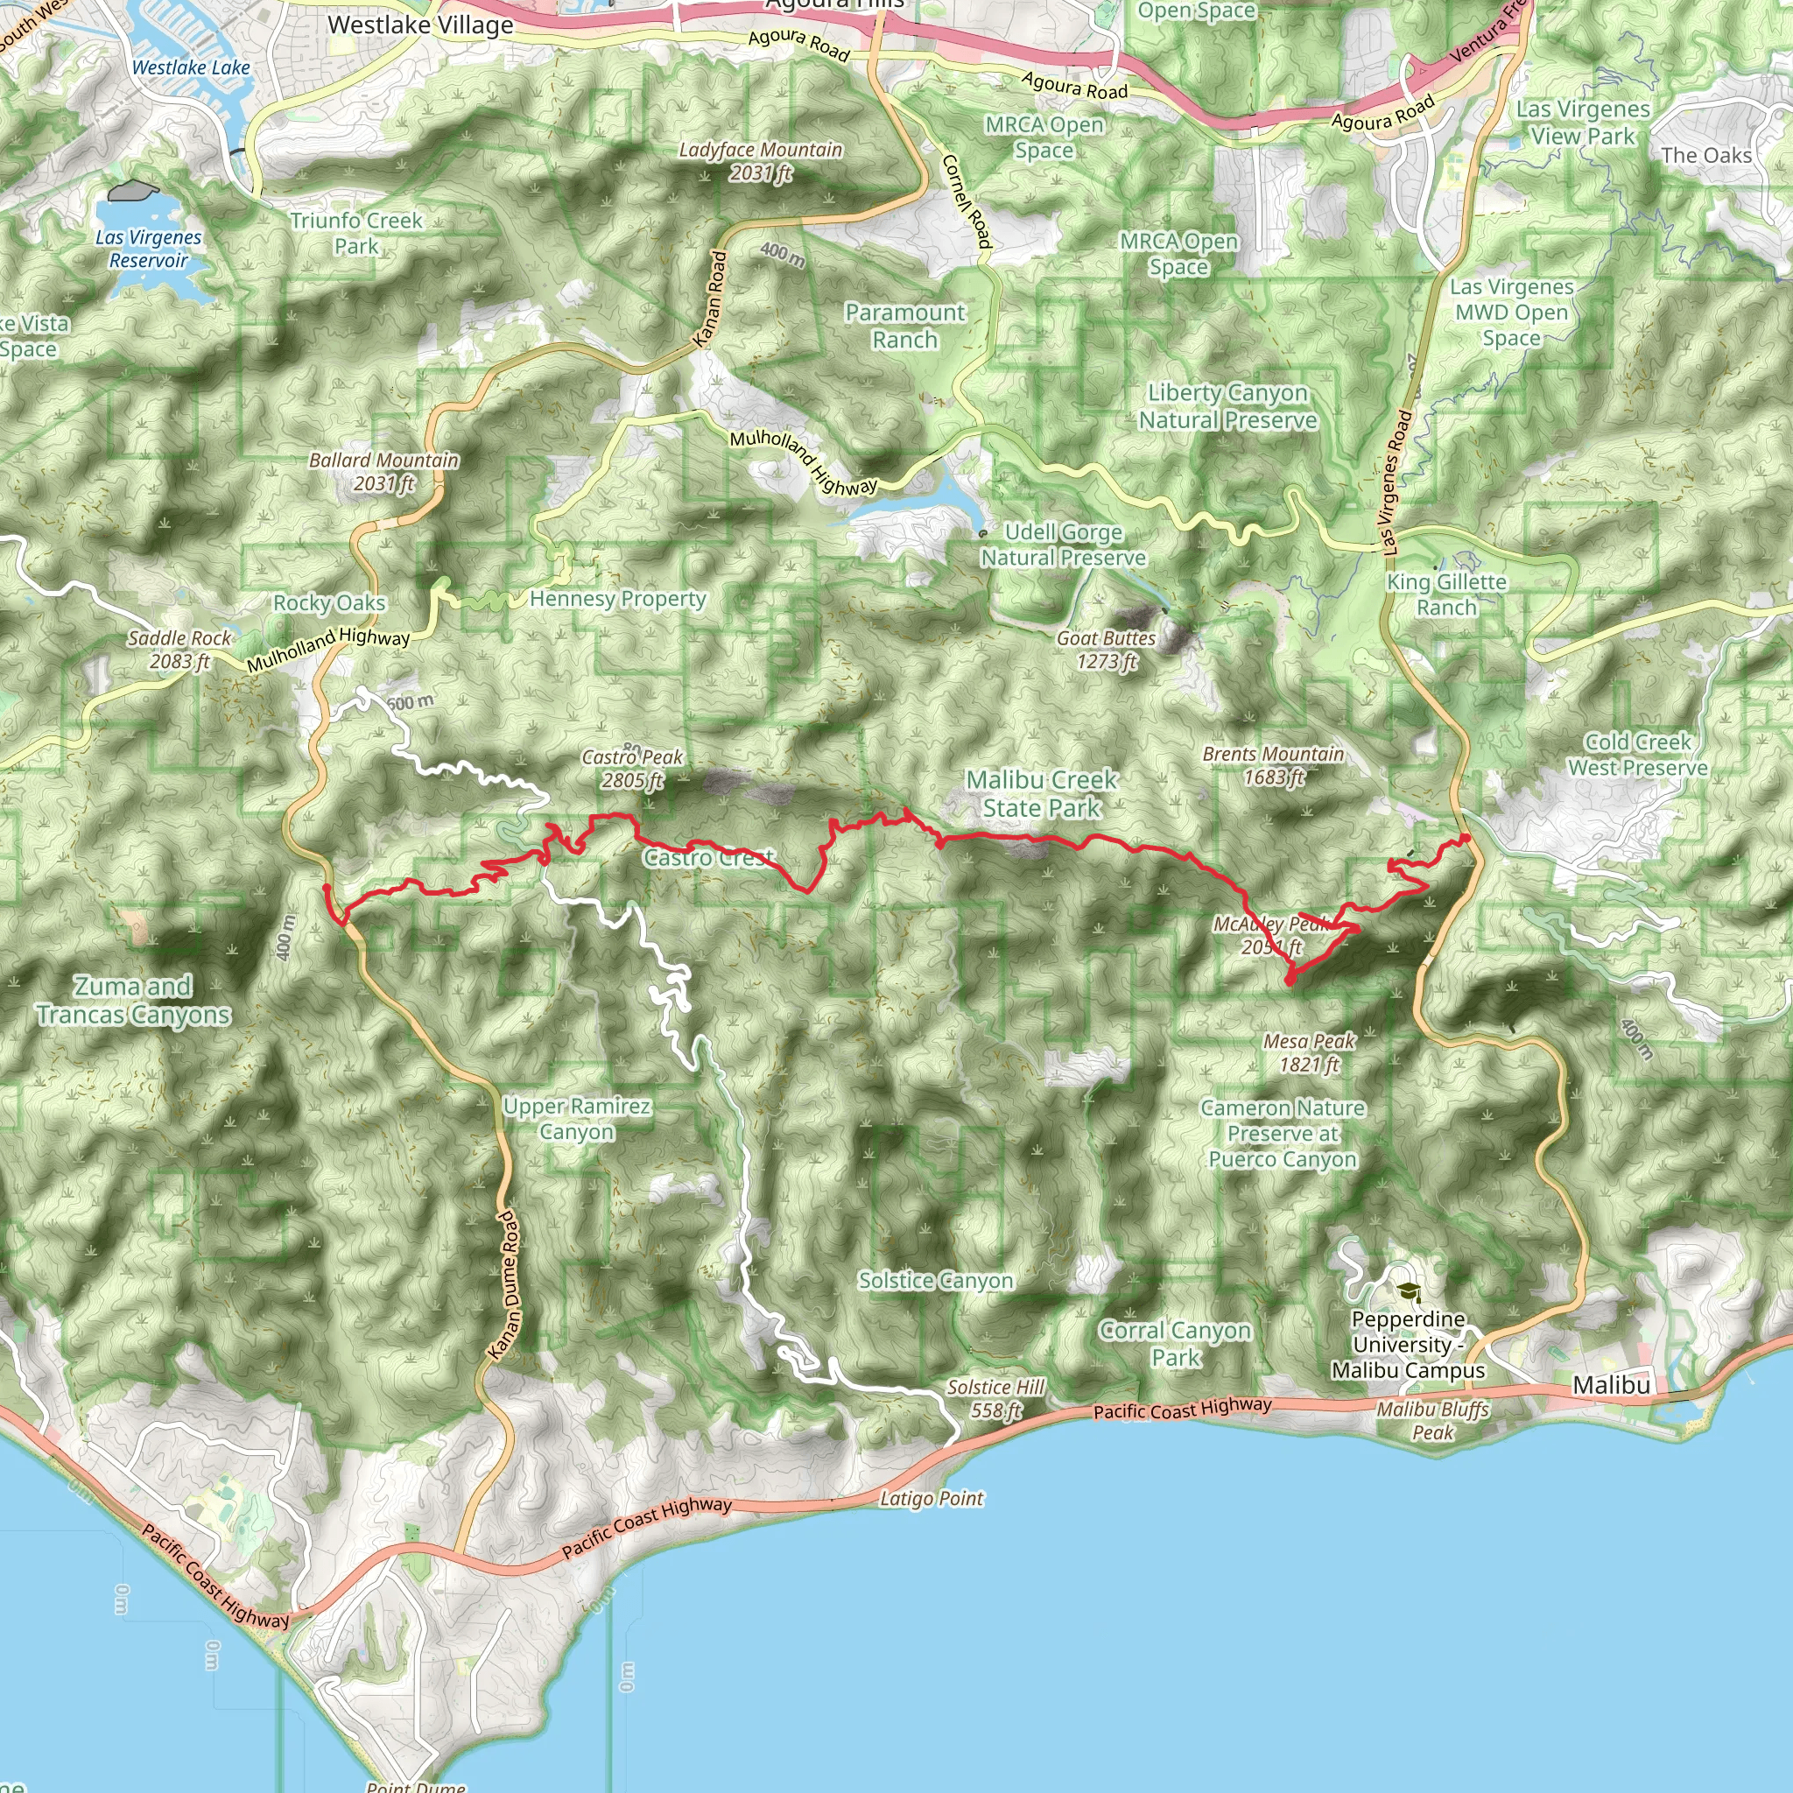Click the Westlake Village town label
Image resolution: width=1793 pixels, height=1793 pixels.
click(420, 26)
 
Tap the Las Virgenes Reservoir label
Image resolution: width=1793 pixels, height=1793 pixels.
click(149, 249)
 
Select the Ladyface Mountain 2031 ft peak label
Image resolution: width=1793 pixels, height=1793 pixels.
click(761, 161)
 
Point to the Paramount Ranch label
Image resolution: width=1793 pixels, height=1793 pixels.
click(905, 326)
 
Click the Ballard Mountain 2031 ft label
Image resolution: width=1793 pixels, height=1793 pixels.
click(384, 472)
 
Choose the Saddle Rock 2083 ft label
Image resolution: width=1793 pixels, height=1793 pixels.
click(179, 650)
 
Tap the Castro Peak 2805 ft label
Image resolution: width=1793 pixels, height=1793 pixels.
click(632, 769)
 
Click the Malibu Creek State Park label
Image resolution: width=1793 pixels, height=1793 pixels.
click(1041, 793)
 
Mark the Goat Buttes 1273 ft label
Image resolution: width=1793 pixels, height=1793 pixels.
click(1107, 650)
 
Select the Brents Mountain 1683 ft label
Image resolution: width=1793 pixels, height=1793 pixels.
click(1273, 766)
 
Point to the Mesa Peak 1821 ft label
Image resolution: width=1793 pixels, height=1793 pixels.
click(1309, 1052)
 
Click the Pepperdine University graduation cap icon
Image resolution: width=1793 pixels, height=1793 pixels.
click(1409, 1291)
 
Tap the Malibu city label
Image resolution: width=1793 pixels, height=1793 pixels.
click(1611, 1386)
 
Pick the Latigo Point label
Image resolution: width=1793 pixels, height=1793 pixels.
click(931, 1498)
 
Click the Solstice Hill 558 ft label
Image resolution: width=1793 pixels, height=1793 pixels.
click(995, 1398)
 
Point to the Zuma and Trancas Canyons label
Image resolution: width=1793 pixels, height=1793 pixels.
click(134, 1001)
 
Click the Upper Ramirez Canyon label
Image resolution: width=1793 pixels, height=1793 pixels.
click(576, 1118)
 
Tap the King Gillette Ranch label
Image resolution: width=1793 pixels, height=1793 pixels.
click(1446, 594)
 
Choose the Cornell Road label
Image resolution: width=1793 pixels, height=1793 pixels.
click(968, 201)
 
